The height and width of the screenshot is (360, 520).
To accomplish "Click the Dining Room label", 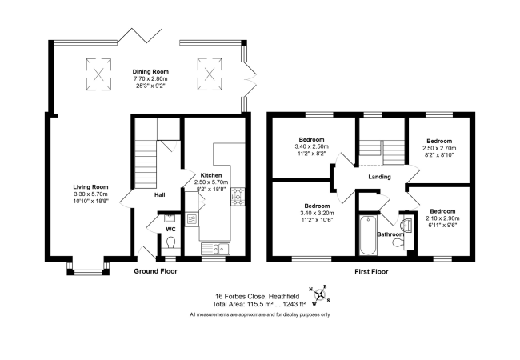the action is point(150,72).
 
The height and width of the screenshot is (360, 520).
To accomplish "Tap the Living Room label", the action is point(90,187).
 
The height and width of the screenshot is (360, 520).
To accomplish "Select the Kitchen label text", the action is point(211,175).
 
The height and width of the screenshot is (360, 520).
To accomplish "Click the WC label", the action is point(170,230).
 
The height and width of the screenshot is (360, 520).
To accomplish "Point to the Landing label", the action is point(379,177).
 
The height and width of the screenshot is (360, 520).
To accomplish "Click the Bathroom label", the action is point(390,234).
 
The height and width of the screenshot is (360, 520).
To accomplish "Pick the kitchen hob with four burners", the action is point(238,196).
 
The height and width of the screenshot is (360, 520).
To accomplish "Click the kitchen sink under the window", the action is point(215,248).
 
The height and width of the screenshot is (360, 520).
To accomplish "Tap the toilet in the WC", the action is point(170,242).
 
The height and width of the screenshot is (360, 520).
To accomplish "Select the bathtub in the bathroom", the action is point(368,235).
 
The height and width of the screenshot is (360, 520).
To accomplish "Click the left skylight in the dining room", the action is point(98,74).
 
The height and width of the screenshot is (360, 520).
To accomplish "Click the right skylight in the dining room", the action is point(210,74).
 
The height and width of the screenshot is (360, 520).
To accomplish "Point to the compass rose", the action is point(320,294).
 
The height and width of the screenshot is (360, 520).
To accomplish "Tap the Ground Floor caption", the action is point(155,271).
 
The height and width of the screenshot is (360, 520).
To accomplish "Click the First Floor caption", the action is point(371,272).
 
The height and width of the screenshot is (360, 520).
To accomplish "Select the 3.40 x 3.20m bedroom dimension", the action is point(317,213).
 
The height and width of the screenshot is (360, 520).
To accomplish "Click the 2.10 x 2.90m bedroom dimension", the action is point(442,218).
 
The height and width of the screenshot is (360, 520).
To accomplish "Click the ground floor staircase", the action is point(146,164).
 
